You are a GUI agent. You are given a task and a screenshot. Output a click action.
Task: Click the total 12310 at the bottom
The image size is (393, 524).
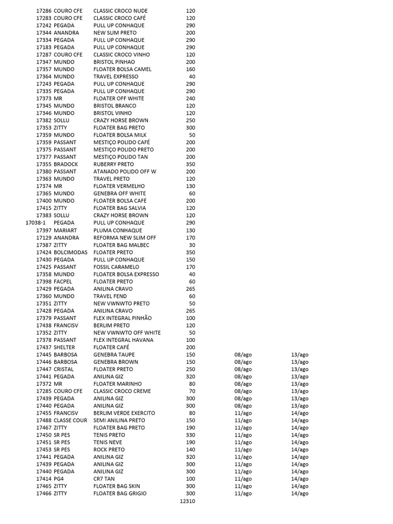click(187, 501)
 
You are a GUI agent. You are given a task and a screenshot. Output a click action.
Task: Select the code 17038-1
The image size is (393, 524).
click(35, 223)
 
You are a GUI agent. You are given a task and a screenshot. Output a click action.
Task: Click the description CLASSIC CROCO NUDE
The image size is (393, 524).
click(120, 11)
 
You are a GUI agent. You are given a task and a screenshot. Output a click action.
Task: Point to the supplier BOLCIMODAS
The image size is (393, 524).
click(70, 252)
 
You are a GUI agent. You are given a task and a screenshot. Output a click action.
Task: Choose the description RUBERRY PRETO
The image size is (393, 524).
click(114, 164)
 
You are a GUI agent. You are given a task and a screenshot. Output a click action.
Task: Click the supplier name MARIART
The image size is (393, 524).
click(65, 230)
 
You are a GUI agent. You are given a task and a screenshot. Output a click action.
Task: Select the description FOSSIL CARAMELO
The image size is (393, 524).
click(116, 267)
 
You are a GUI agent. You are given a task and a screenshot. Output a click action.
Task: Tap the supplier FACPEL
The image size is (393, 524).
click(64, 281)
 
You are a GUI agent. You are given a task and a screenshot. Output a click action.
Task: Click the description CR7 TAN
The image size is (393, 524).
click(104, 479)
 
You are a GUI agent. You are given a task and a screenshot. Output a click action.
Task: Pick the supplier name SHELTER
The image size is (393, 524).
click(64, 347)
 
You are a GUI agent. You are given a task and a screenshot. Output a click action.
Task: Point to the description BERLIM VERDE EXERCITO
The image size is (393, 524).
click(124, 413)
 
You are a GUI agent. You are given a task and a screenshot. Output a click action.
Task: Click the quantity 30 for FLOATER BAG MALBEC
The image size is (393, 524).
click(192, 245)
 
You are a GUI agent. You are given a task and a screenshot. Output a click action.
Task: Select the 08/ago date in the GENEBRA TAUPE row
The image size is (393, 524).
click(243, 355)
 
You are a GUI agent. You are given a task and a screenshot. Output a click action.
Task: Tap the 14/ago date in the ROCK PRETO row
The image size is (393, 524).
click(299, 450)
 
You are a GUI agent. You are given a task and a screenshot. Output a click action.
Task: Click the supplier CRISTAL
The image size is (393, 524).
click(63, 369)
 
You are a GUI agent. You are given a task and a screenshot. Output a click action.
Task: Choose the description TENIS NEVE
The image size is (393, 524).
click(108, 442)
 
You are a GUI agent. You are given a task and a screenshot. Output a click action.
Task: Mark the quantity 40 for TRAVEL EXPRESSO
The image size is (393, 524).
click(192, 77)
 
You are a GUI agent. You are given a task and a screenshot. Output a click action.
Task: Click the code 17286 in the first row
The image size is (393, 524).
click(43, 11)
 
